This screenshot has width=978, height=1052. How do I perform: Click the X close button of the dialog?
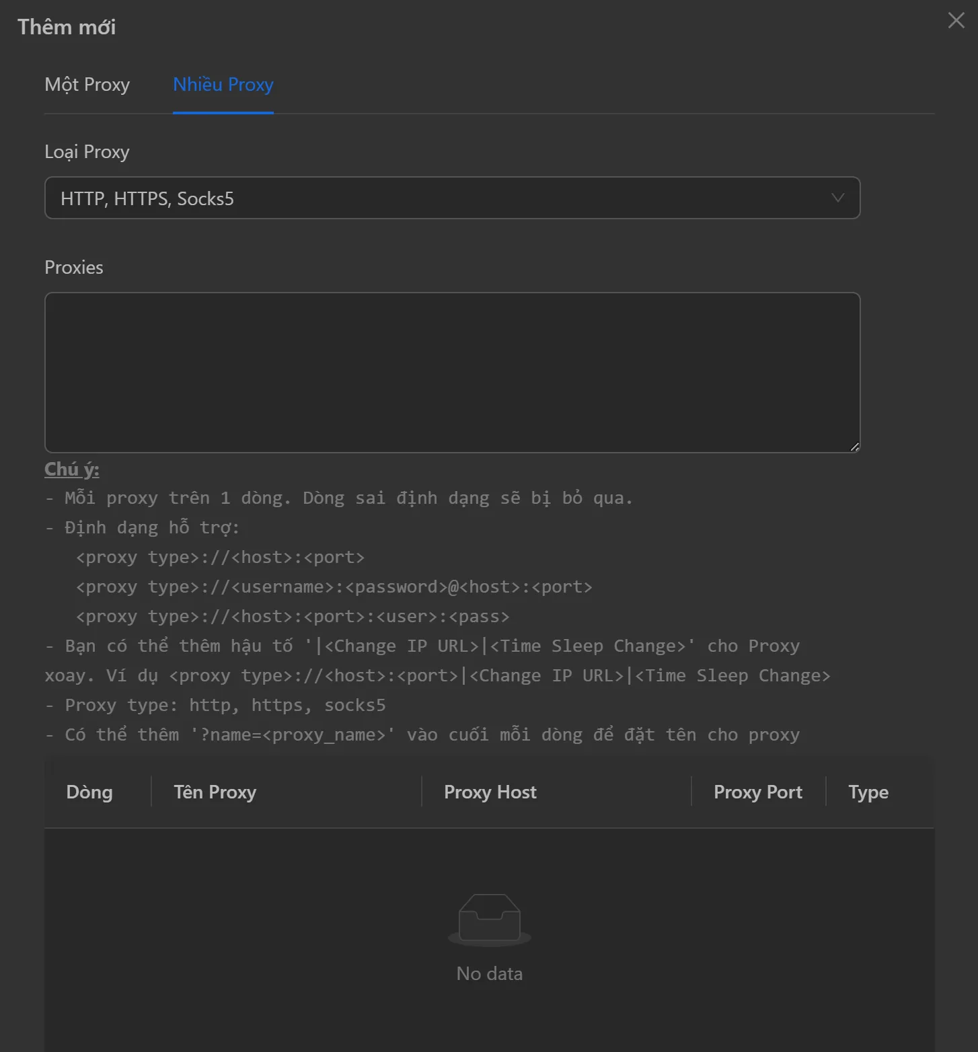pyautogui.click(x=956, y=20)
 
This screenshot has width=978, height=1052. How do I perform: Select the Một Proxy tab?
pyautogui.click(x=87, y=85)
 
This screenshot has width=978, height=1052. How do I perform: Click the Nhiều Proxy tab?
pyautogui.click(x=223, y=85)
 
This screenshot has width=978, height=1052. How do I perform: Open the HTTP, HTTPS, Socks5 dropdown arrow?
pyautogui.click(x=837, y=198)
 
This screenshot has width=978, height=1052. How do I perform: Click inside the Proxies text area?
pyautogui.click(x=452, y=372)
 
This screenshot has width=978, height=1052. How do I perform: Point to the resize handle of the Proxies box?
pyautogui.click(x=854, y=447)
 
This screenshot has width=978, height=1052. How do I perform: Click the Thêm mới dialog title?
pyautogui.click(x=67, y=27)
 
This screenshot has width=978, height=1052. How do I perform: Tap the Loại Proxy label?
pyautogui.click(x=87, y=152)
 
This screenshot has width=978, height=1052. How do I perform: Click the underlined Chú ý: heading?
pyautogui.click(x=71, y=469)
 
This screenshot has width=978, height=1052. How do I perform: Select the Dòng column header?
pyautogui.click(x=89, y=792)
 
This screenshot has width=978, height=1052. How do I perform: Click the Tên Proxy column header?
pyautogui.click(x=215, y=792)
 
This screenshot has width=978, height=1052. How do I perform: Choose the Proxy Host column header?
pyautogui.click(x=490, y=792)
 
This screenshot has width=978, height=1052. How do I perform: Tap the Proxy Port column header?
pyautogui.click(x=757, y=792)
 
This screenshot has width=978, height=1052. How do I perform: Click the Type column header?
pyautogui.click(x=868, y=792)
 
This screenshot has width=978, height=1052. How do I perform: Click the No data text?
pyautogui.click(x=489, y=973)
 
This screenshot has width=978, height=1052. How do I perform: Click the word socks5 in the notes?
pyautogui.click(x=354, y=705)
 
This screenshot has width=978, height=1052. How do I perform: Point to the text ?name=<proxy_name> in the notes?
pyautogui.click(x=293, y=735)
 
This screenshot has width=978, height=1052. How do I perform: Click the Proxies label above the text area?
pyautogui.click(x=74, y=268)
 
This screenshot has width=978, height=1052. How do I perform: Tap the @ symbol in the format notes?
pyautogui.click(x=453, y=587)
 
